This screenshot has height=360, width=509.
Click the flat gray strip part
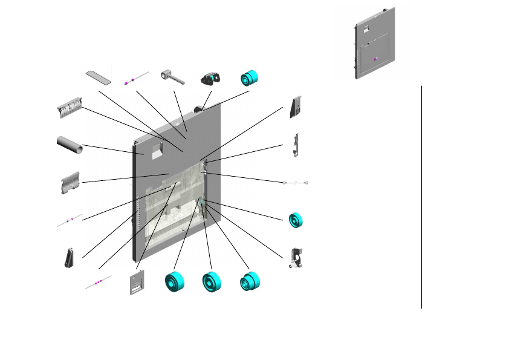point(99,77)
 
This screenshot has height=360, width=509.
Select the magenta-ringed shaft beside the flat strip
point(135,78)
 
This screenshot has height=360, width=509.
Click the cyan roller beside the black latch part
point(249,77)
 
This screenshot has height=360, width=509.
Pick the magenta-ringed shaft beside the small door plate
point(99,282)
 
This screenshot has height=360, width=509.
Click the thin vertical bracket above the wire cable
point(295,145)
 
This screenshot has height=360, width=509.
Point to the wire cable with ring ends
point(296,182)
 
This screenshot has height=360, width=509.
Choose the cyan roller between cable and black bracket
point(296,220)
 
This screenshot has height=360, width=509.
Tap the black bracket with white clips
point(296,258)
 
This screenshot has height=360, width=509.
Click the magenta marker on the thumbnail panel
point(375,59)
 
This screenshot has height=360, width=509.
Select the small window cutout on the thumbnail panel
point(366,28)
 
